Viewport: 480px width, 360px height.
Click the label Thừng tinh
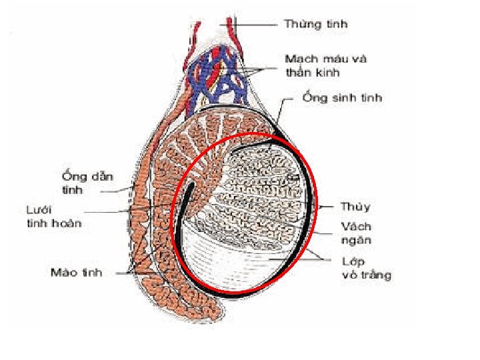315,25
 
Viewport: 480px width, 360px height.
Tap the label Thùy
355,207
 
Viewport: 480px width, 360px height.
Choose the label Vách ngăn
356,233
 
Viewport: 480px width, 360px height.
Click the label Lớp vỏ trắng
366,268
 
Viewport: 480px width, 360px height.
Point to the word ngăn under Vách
356,240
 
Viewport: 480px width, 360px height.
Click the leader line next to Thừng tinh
257,25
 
